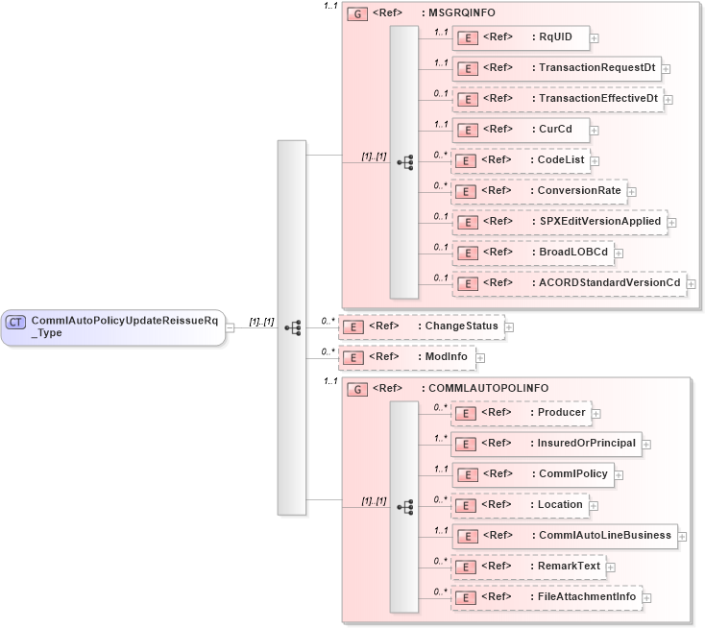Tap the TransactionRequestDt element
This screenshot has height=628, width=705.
556,68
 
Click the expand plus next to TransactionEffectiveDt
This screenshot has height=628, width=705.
669,99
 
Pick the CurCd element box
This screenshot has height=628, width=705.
520,130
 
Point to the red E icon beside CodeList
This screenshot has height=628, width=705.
466,160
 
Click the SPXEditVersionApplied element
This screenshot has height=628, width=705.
559,222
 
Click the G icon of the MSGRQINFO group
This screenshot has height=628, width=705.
356,13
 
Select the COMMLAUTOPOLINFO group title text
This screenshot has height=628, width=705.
485,388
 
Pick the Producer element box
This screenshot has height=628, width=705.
521,413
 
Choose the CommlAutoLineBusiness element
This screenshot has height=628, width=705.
565,536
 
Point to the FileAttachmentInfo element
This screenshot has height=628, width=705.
547,597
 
